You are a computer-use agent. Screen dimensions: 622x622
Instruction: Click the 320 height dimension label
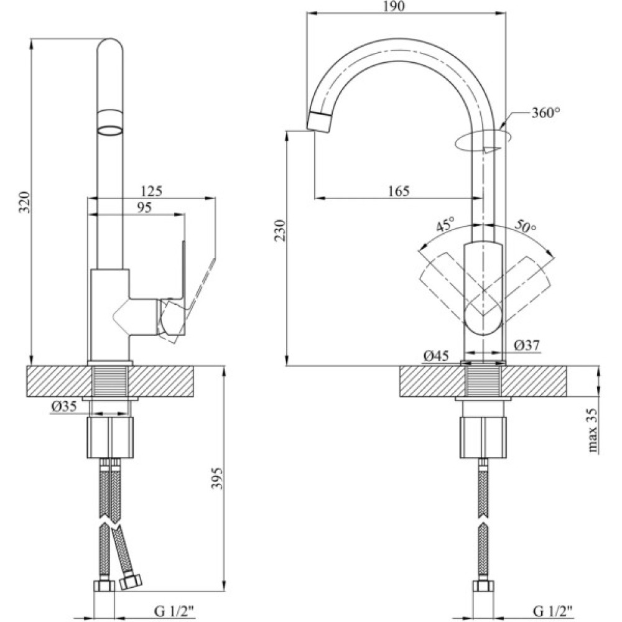(25, 202)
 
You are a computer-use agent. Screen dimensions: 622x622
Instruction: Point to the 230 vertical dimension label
(280, 230)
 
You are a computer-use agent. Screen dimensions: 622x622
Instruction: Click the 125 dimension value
(152, 191)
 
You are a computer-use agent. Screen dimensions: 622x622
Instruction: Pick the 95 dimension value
(144, 207)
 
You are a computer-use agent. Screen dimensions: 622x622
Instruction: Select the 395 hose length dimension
(216, 478)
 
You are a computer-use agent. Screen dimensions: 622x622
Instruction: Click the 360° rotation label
(545, 113)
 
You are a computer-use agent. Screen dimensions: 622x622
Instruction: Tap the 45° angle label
(445, 225)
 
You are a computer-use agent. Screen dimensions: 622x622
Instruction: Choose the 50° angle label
(525, 226)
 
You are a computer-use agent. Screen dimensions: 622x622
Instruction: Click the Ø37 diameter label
(527, 345)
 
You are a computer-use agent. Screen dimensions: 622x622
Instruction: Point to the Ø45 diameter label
(435, 356)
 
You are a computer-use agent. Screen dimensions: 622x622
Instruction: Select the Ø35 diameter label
(64, 407)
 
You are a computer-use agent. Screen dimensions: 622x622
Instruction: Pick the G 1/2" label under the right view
(552, 611)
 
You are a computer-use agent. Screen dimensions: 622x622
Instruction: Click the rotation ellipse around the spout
(483, 141)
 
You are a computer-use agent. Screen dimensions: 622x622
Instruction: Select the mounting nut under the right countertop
(483, 437)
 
